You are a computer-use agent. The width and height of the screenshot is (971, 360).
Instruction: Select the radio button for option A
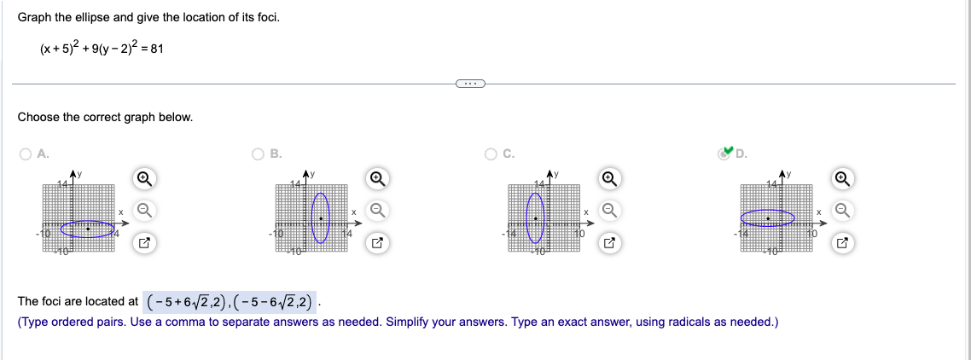26,154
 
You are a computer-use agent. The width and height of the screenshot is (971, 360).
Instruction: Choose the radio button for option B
258,154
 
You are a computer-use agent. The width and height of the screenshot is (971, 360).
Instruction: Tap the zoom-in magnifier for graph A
144,178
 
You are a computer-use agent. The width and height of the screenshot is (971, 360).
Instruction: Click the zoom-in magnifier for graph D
842,178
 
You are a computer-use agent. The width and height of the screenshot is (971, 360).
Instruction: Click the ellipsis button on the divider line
469,84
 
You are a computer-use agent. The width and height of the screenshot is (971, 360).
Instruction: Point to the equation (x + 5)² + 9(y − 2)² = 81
102,49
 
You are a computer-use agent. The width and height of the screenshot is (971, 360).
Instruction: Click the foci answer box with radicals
230,301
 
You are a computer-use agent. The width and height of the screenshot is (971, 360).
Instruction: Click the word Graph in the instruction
33,18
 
